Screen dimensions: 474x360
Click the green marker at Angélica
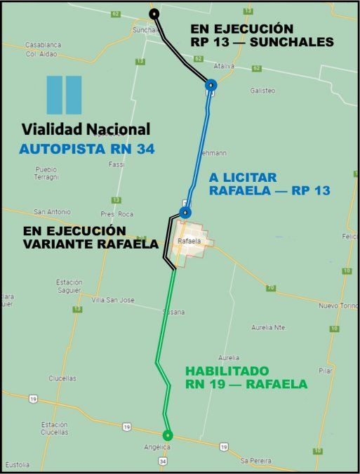[x=167, y=435]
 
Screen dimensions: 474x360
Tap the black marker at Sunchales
[x=154, y=14]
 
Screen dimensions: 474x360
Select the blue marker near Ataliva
[x=211, y=86]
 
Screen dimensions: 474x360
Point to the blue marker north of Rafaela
[x=185, y=212]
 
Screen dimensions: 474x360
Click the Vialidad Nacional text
[x=86, y=129]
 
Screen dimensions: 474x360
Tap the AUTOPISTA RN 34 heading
[x=87, y=148]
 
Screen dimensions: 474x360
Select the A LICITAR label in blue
[x=243, y=177]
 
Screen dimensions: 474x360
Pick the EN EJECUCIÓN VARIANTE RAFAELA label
[x=74, y=237]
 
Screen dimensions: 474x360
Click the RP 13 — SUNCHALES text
[x=262, y=42]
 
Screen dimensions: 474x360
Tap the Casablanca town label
[x=43, y=44]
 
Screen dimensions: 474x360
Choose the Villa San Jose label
[x=113, y=300]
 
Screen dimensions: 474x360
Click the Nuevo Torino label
[x=339, y=305]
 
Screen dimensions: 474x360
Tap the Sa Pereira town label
[x=255, y=460]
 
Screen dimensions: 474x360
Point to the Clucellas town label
[x=62, y=378]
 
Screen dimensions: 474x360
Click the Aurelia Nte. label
[x=270, y=327]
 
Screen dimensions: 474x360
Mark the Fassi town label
[x=116, y=164]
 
